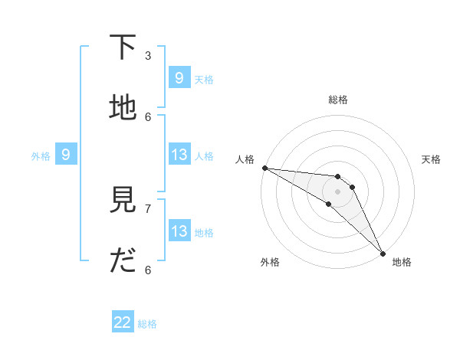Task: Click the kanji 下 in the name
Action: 123,47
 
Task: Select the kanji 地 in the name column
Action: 123,108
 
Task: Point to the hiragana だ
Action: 123,262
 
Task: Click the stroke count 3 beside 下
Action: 148,55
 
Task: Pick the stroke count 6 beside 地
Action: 148,116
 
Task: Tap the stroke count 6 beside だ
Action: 148,270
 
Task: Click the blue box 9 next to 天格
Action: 179,78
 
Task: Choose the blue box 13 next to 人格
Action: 179,155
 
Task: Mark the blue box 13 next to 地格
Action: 179,232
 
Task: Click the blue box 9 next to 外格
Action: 66,155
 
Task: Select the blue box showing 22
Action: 123,322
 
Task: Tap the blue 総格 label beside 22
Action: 147,324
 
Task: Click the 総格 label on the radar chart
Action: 338,100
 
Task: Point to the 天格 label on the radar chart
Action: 431,159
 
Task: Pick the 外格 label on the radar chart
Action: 270,262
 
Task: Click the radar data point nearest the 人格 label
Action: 264,168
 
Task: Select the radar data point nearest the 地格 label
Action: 383,253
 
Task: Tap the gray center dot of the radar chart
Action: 337,191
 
